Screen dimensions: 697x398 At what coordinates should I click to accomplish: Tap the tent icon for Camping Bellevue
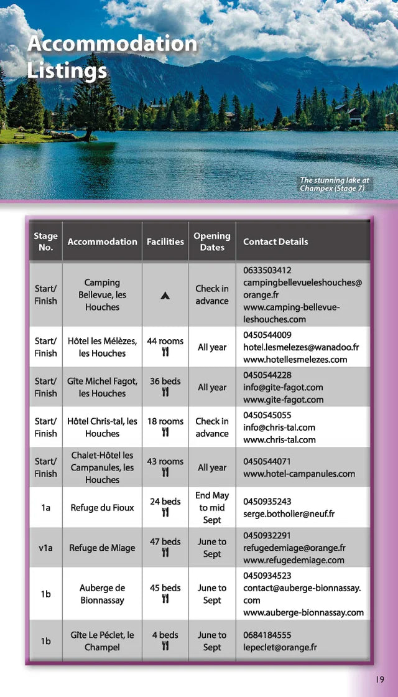(x=165, y=295)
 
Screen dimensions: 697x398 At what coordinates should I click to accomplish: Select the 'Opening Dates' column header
(x=212, y=241)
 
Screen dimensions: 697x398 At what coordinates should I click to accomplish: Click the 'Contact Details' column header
(x=275, y=241)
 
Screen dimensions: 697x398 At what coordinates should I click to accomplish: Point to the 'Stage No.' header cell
(x=45, y=241)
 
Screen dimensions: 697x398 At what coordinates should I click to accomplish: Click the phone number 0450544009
(x=267, y=335)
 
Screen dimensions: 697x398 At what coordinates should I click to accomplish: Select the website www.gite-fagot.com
(x=283, y=400)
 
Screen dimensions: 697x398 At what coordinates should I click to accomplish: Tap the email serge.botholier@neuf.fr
(x=289, y=514)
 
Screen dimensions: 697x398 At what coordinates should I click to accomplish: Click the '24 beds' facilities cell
(x=165, y=507)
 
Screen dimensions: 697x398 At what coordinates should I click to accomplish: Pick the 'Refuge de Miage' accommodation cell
(x=102, y=548)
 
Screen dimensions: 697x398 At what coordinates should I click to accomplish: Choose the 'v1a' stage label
(x=45, y=548)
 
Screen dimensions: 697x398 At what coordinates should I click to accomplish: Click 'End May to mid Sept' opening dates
(x=212, y=508)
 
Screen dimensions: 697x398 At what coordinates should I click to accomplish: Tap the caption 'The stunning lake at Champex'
(x=335, y=184)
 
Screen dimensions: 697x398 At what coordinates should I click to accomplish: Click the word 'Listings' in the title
(x=67, y=70)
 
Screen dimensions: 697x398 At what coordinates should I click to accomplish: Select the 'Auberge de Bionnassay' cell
(x=102, y=594)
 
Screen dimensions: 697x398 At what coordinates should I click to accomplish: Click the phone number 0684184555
(x=267, y=635)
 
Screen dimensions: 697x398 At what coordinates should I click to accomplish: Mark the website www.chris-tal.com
(x=279, y=439)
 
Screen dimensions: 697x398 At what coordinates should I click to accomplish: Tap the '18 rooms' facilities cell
(x=165, y=426)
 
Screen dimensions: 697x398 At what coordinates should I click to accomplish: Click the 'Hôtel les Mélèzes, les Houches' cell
(x=102, y=347)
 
